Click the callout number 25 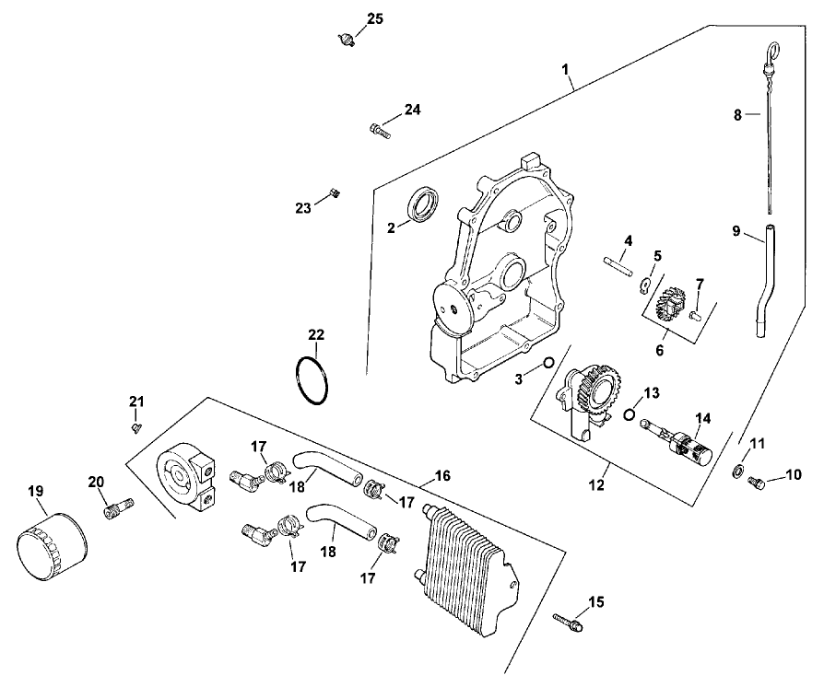tap(373, 19)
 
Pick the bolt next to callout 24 tap(380, 131)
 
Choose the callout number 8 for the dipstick tap(736, 115)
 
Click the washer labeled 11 tap(738, 472)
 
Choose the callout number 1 tap(566, 69)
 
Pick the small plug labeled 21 tap(136, 426)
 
